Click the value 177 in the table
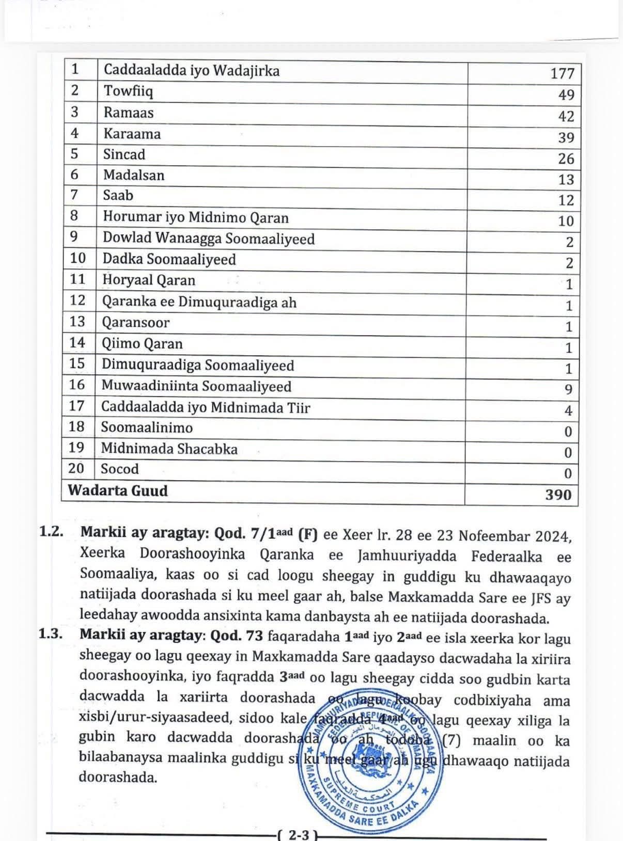tap(562, 73)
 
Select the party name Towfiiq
tap(129, 91)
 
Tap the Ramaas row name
tap(129, 113)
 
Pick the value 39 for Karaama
tap(566, 137)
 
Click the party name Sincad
tap(124, 154)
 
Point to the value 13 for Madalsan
tap(566, 179)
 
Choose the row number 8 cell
tap(74, 216)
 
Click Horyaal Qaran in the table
tap(149, 280)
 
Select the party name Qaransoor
tap(135, 322)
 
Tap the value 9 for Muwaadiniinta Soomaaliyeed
tap(568, 389)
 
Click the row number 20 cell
tap(76, 468)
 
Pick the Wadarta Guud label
tap(118, 490)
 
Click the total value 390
tap(558, 495)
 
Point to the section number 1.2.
tap(51, 532)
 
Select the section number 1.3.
tap(51, 634)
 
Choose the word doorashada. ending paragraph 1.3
tap(118, 777)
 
